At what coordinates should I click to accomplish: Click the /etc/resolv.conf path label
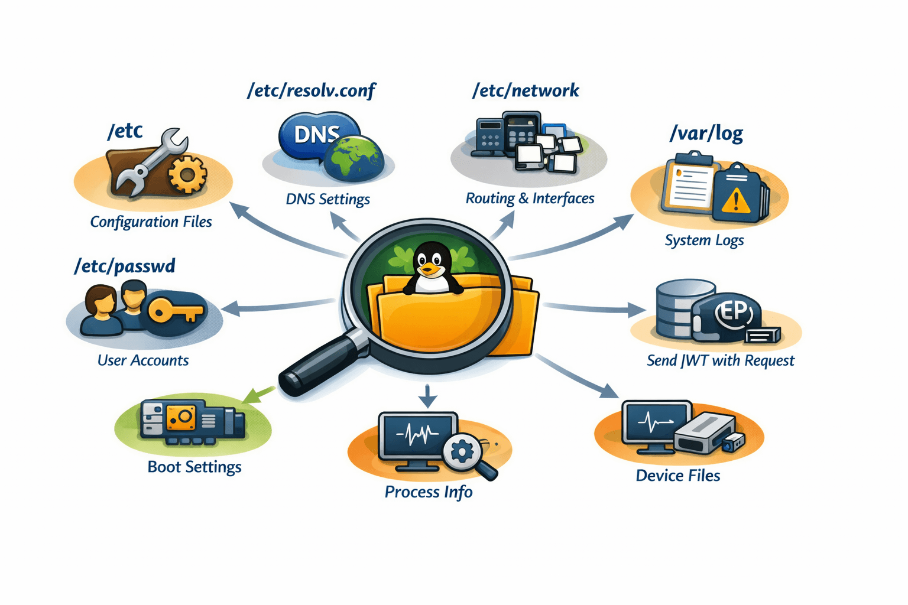pyautogui.click(x=311, y=90)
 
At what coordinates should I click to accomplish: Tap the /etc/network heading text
pyautogui.click(x=525, y=90)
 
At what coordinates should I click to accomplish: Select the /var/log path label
pyautogui.click(x=706, y=133)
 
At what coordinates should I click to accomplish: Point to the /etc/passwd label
pyautogui.click(x=125, y=266)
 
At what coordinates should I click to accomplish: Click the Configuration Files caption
pyautogui.click(x=151, y=222)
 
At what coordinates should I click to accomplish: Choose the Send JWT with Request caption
pyautogui.click(x=720, y=360)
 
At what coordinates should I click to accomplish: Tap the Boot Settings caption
pyautogui.click(x=194, y=467)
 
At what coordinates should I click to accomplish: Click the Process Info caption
pyautogui.click(x=429, y=492)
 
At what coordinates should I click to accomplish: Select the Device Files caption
pyautogui.click(x=677, y=476)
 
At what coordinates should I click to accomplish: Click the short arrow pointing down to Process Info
pyautogui.click(x=427, y=396)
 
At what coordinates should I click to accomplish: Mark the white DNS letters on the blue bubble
pyautogui.click(x=317, y=134)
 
